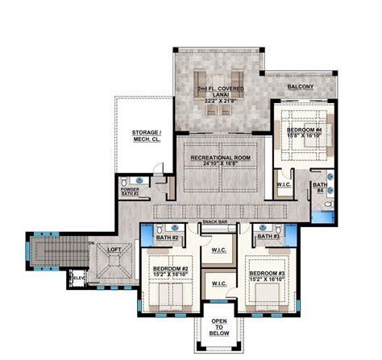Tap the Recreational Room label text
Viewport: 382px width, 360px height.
click(214, 158)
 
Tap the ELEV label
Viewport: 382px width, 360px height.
click(79, 279)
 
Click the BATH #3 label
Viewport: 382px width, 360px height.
click(269, 237)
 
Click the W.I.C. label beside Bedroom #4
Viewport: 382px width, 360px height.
click(283, 184)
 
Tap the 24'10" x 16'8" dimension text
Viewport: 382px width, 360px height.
click(214, 165)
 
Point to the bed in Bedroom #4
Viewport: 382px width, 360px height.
click(301, 158)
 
